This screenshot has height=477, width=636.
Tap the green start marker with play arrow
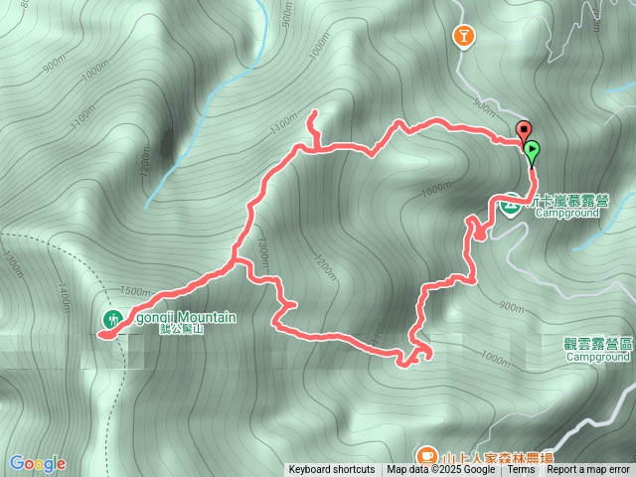(x=533, y=153)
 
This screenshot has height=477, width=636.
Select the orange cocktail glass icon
(x=463, y=37)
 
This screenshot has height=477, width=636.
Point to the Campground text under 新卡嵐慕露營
(x=567, y=213)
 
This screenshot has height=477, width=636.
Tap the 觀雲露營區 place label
(x=596, y=342)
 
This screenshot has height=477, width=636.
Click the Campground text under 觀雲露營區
(x=596, y=355)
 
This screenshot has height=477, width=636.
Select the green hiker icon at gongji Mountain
(x=111, y=318)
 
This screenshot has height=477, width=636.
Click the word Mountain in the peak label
(x=208, y=317)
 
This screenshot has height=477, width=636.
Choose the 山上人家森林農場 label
(x=497, y=454)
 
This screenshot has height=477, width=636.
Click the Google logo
(x=38, y=463)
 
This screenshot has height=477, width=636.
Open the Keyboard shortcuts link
(x=332, y=470)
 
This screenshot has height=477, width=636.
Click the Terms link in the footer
(x=521, y=470)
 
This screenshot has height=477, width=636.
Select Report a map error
(x=588, y=470)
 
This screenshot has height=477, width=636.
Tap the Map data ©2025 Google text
(x=441, y=470)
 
